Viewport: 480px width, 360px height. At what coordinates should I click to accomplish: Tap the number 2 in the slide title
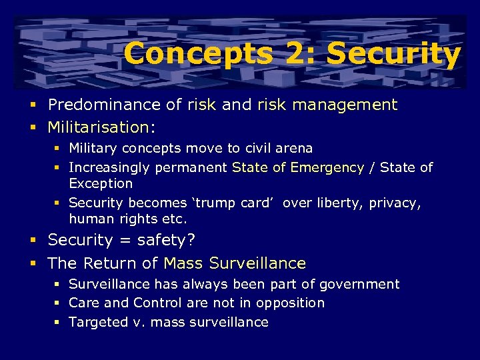[x=295, y=53]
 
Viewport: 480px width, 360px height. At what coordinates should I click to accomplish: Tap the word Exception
[x=101, y=183]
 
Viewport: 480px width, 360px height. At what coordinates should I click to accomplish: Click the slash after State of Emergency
[x=372, y=167]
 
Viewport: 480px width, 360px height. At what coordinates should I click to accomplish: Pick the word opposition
[x=290, y=303]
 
